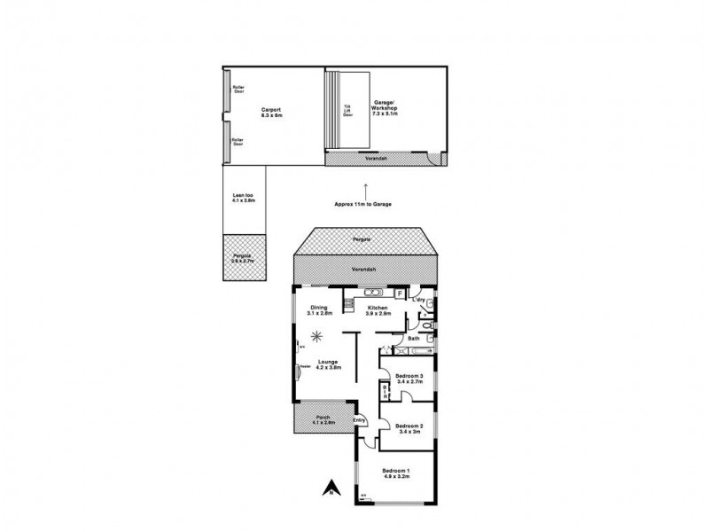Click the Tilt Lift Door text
(347, 111)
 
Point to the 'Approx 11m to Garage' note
(362, 204)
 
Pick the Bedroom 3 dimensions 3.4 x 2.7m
(409, 382)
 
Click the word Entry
(359, 420)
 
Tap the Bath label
(413, 339)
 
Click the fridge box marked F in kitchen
(400, 292)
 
